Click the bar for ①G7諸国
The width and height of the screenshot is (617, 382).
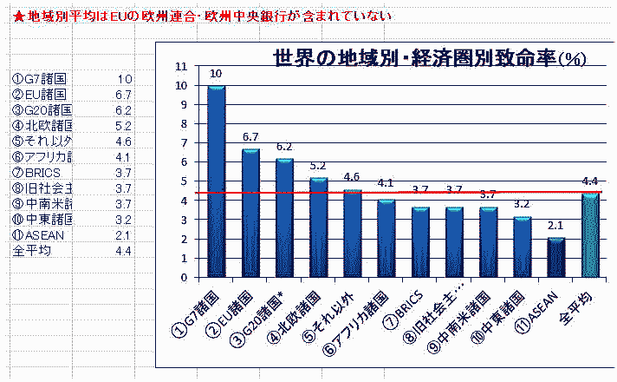pyautogui.click(x=216, y=181)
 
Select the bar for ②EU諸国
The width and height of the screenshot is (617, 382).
pyautogui.click(x=250, y=214)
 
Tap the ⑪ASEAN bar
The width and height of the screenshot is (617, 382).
pyautogui.click(x=556, y=257)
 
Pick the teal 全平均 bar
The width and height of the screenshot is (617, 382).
pyautogui.click(x=590, y=235)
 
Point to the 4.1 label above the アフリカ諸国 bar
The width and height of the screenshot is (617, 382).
pyautogui.click(x=386, y=183)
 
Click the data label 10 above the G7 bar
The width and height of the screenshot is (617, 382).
pyautogui.click(x=216, y=73)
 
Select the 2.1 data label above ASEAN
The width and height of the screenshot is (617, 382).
pyautogui.click(x=556, y=226)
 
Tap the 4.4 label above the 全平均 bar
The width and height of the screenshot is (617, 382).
pyautogui.click(x=590, y=181)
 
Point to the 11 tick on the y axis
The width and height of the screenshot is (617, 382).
pyautogui.click(x=180, y=66)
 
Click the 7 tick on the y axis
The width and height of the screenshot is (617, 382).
pyautogui.click(x=180, y=143)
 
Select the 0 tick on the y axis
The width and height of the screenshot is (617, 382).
pyautogui.click(x=180, y=278)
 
